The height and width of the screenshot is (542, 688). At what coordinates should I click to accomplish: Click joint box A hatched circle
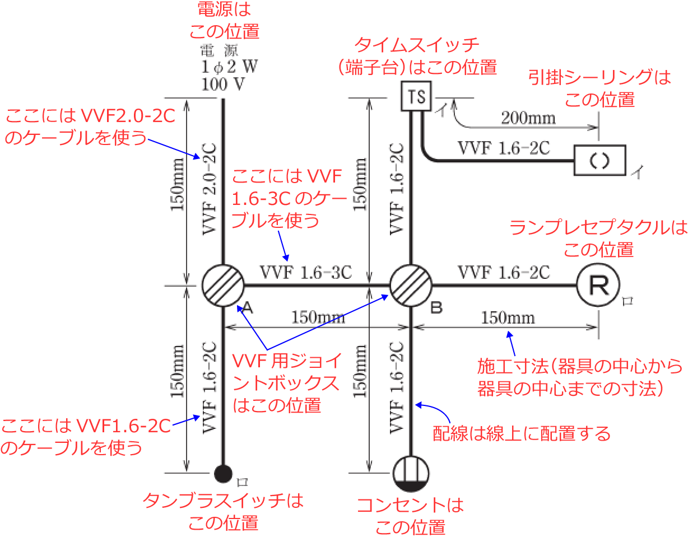point(222,285)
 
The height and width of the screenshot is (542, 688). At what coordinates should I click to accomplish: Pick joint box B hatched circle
point(411,285)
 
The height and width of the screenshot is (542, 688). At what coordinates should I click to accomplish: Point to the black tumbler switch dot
point(223,474)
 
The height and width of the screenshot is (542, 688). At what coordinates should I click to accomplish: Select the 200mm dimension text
point(528,118)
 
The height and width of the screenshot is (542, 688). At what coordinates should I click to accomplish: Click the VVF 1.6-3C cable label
point(306,273)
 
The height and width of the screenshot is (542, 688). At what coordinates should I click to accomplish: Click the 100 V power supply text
point(224,85)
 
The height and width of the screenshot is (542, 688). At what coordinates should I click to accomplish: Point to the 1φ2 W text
point(229,68)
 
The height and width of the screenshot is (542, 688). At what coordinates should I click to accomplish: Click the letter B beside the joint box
point(436,307)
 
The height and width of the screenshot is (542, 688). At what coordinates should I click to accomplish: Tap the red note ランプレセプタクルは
point(598,228)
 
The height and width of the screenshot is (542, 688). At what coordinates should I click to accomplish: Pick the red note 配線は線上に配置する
point(522,433)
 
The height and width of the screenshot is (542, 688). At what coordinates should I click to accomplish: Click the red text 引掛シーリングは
point(599,78)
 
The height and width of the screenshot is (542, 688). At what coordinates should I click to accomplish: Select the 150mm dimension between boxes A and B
point(318,317)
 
